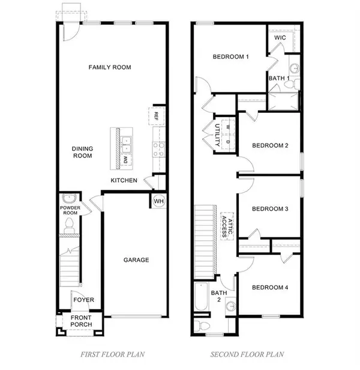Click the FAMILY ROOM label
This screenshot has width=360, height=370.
pos(110,67)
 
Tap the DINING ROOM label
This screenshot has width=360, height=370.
pos(82,152)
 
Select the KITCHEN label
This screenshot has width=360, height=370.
pos(124,180)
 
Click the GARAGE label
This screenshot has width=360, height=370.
pos(136,260)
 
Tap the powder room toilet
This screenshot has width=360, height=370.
pos(69,225)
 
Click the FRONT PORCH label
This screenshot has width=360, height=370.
pos(82,321)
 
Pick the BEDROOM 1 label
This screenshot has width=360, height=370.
pos(231,57)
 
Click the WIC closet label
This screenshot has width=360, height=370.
pos(280,37)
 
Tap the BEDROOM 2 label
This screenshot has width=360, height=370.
pos(270,145)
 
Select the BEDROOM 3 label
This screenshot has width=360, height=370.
pos(270,209)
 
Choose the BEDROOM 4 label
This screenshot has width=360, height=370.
pos(270,288)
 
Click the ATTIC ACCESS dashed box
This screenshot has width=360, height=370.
pos(226,225)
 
